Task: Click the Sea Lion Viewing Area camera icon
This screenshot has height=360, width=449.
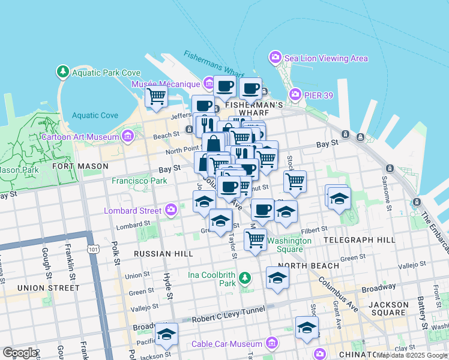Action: (x=276, y=58)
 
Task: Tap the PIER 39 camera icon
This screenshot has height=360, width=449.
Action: (x=295, y=95)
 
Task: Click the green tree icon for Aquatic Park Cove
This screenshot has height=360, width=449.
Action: (x=63, y=73)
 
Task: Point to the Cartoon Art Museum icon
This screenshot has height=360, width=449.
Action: (x=127, y=136)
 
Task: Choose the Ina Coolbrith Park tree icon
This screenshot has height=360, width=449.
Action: (x=244, y=278)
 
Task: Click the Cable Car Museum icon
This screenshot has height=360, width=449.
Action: (x=272, y=344)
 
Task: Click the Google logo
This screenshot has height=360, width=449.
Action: (x=20, y=353)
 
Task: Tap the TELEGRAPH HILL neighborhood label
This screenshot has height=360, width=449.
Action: (x=359, y=239)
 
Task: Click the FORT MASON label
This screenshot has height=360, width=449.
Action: (x=80, y=166)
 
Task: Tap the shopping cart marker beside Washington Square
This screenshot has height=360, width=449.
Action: (x=256, y=239)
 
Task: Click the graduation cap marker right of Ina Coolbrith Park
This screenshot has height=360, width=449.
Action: (x=277, y=278)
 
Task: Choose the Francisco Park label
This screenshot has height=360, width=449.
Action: (x=139, y=180)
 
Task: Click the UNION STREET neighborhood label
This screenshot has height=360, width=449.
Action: (x=48, y=288)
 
